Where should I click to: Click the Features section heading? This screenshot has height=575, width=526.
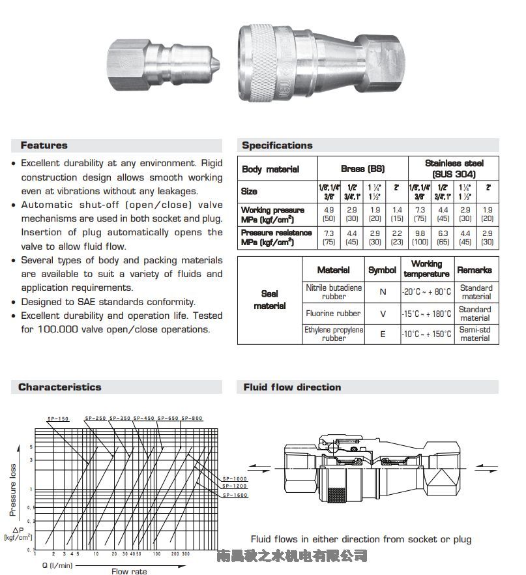tap(44, 145)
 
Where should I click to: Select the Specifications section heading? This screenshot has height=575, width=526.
tap(277, 145)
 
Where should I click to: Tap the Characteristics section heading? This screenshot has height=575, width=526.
tap(60, 387)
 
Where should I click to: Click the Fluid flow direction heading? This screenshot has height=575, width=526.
tap(292, 387)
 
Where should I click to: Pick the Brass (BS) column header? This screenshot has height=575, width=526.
tap(362, 169)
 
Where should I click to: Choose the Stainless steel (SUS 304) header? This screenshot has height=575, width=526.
tap(454, 169)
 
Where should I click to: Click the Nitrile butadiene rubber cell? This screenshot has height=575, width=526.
tap(334, 292)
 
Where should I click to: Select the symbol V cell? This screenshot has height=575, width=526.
tap(383, 314)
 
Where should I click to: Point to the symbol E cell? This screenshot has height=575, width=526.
tap(383, 334)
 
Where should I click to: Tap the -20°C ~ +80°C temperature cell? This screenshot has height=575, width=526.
tap(426, 292)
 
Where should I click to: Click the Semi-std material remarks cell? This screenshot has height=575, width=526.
tap(475, 334)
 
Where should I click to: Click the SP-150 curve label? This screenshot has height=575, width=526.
tap(58, 419)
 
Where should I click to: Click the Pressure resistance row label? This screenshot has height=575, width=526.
tap(276, 237)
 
